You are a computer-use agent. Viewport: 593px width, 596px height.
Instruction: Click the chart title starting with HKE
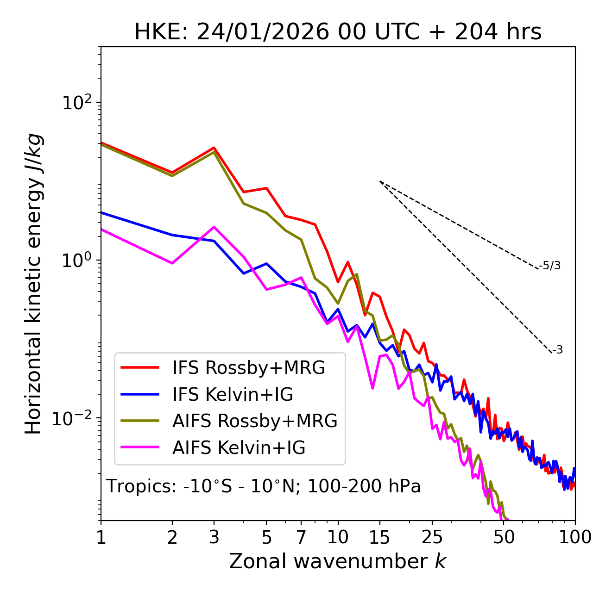pos(338,32)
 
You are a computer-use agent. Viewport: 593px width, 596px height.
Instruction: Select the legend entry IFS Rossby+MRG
pos(248,368)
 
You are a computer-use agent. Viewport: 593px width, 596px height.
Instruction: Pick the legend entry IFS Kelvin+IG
pos(233,395)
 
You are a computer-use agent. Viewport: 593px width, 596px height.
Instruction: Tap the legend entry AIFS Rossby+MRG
pos(255,421)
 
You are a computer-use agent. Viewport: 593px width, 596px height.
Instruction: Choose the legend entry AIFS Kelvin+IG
pos(239,448)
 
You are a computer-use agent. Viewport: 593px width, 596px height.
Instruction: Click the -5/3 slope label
pos(550,266)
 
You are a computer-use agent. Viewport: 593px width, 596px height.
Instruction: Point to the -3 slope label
pos(558,350)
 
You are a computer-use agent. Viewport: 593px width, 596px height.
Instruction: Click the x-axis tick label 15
pos(379,537)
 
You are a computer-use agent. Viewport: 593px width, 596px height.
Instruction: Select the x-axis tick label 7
pos(301,537)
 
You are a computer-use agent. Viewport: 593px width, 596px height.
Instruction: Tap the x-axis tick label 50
pos(504,537)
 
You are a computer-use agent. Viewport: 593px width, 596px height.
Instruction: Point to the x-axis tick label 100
pos(574,537)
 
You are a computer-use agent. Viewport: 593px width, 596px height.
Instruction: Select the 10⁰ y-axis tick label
pos(76,260)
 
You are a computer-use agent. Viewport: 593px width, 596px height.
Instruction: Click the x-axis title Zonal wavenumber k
pos(338,561)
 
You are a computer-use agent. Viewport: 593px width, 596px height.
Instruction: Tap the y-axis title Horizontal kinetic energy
pos(33,284)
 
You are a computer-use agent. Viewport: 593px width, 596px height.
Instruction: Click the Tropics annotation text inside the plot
pos(264,486)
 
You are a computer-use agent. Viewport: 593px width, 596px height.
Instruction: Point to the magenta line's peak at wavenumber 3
pos(214,227)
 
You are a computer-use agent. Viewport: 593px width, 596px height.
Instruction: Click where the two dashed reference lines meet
pos(380,181)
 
